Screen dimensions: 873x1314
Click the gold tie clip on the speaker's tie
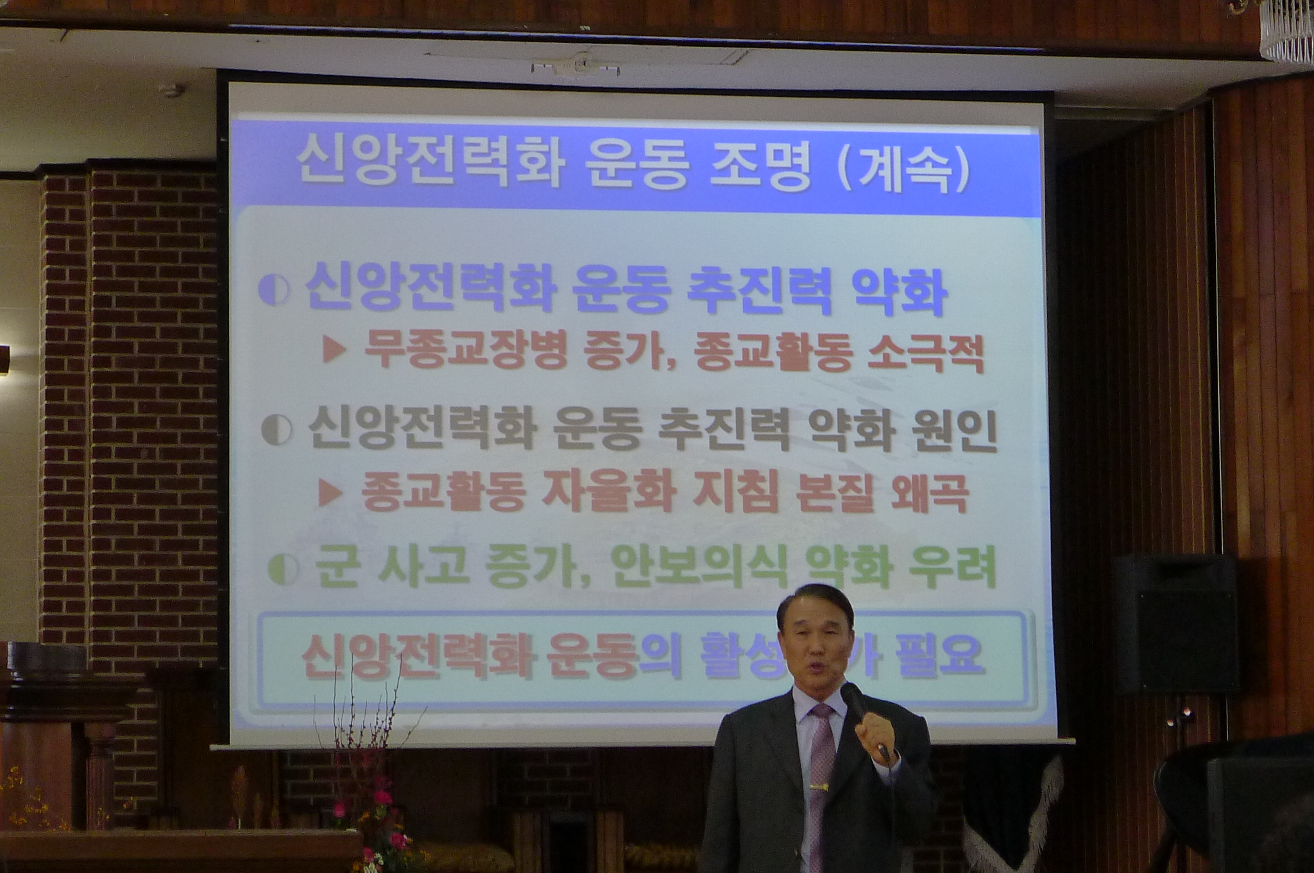tap(815, 787)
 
